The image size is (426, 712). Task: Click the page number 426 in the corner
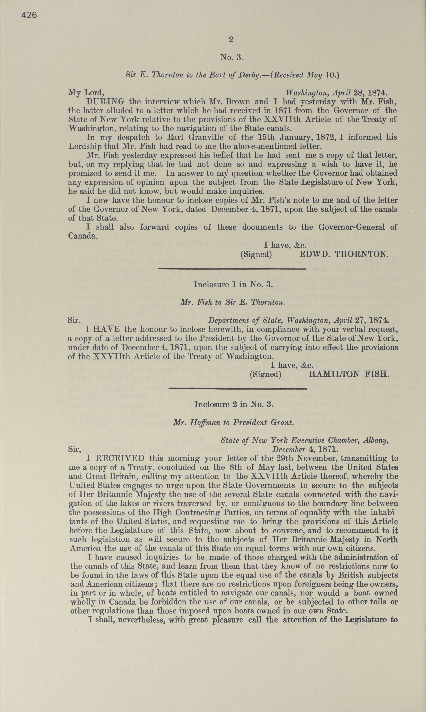click(x=29, y=15)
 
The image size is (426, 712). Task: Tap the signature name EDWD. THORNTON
click(x=344, y=254)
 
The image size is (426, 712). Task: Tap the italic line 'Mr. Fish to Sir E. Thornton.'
click(x=233, y=302)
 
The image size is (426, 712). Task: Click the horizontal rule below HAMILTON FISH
click(x=238, y=389)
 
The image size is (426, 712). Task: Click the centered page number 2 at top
click(x=231, y=40)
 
